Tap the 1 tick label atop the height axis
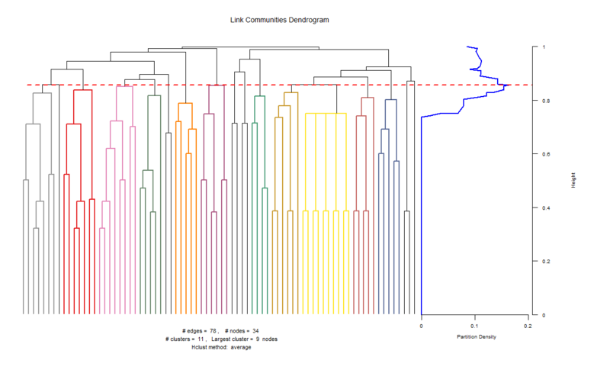coord(543,47)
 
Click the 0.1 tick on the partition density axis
coord(474,326)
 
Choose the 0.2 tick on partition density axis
coord(527,326)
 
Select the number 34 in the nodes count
coord(256,330)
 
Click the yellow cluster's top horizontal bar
coord(326,113)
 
